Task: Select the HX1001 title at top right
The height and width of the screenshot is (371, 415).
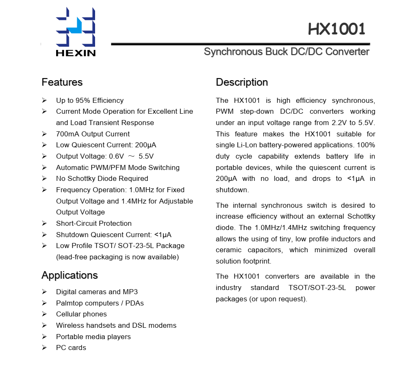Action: [337, 29]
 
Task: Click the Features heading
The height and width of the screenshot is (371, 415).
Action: [62, 82]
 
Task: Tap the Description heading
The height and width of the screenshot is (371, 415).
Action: [242, 82]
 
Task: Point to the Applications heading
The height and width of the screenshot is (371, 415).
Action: [70, 275]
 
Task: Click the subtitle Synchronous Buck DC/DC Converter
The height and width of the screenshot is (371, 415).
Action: [286, 52]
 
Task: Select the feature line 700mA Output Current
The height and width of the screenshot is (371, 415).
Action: [93, 134]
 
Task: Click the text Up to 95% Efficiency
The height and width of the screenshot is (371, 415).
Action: [90, 100]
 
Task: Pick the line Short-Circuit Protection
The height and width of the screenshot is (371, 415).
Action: [94, 223]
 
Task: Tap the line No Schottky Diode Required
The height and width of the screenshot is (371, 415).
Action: [102, 178]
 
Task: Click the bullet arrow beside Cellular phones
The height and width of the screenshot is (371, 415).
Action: [44, 314]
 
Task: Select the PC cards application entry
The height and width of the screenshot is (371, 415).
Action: [71, 347]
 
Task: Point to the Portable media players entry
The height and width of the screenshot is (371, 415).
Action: [93, 337]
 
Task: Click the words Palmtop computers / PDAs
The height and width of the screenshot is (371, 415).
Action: [100, 303]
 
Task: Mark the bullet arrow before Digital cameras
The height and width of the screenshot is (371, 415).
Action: [44, 292]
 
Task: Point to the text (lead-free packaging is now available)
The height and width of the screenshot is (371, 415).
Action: [117, 257]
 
